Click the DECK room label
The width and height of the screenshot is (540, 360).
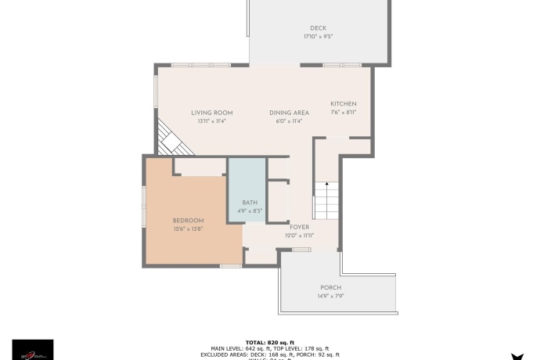point(318,28)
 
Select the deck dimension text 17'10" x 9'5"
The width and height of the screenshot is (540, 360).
point(318,37)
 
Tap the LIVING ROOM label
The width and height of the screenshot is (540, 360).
point(212,113)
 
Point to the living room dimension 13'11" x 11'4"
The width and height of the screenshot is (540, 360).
point(212,121)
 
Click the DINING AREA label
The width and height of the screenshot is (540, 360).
point(289,113)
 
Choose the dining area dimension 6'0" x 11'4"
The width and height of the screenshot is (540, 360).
point(289,121)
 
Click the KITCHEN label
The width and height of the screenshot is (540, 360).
point(343,104)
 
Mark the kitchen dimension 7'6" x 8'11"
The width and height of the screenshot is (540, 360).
point(343,113)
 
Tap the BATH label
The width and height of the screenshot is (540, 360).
point(250,203)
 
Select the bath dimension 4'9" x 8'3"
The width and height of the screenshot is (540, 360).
point(250,211)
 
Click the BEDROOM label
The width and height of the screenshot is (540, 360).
point(188,221)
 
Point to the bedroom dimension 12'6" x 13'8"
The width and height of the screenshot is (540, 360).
point(188,229)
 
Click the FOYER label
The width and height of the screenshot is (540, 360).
point(300,227)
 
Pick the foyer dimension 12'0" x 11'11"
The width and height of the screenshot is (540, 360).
point(300,236)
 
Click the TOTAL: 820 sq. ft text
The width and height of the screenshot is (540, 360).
point(270,342)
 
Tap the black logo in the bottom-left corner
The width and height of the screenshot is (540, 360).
point(33,349)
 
